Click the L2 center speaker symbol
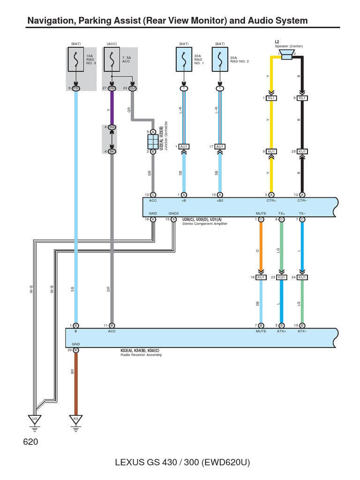coord(286,58)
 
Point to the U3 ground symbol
coord(34,419)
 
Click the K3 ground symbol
coord(75,419)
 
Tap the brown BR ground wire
coord(75,380)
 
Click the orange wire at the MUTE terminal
coord(261,248)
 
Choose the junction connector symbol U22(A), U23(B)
coord(153,142)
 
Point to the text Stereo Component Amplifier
coord(204,224)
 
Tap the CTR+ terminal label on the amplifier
coord(271,200)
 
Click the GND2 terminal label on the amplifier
coord(173,213)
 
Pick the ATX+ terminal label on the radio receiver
coord(281,331)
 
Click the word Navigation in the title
coord(50,21)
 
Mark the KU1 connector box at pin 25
coord(302,151)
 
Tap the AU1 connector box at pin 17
coord(220,146)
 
